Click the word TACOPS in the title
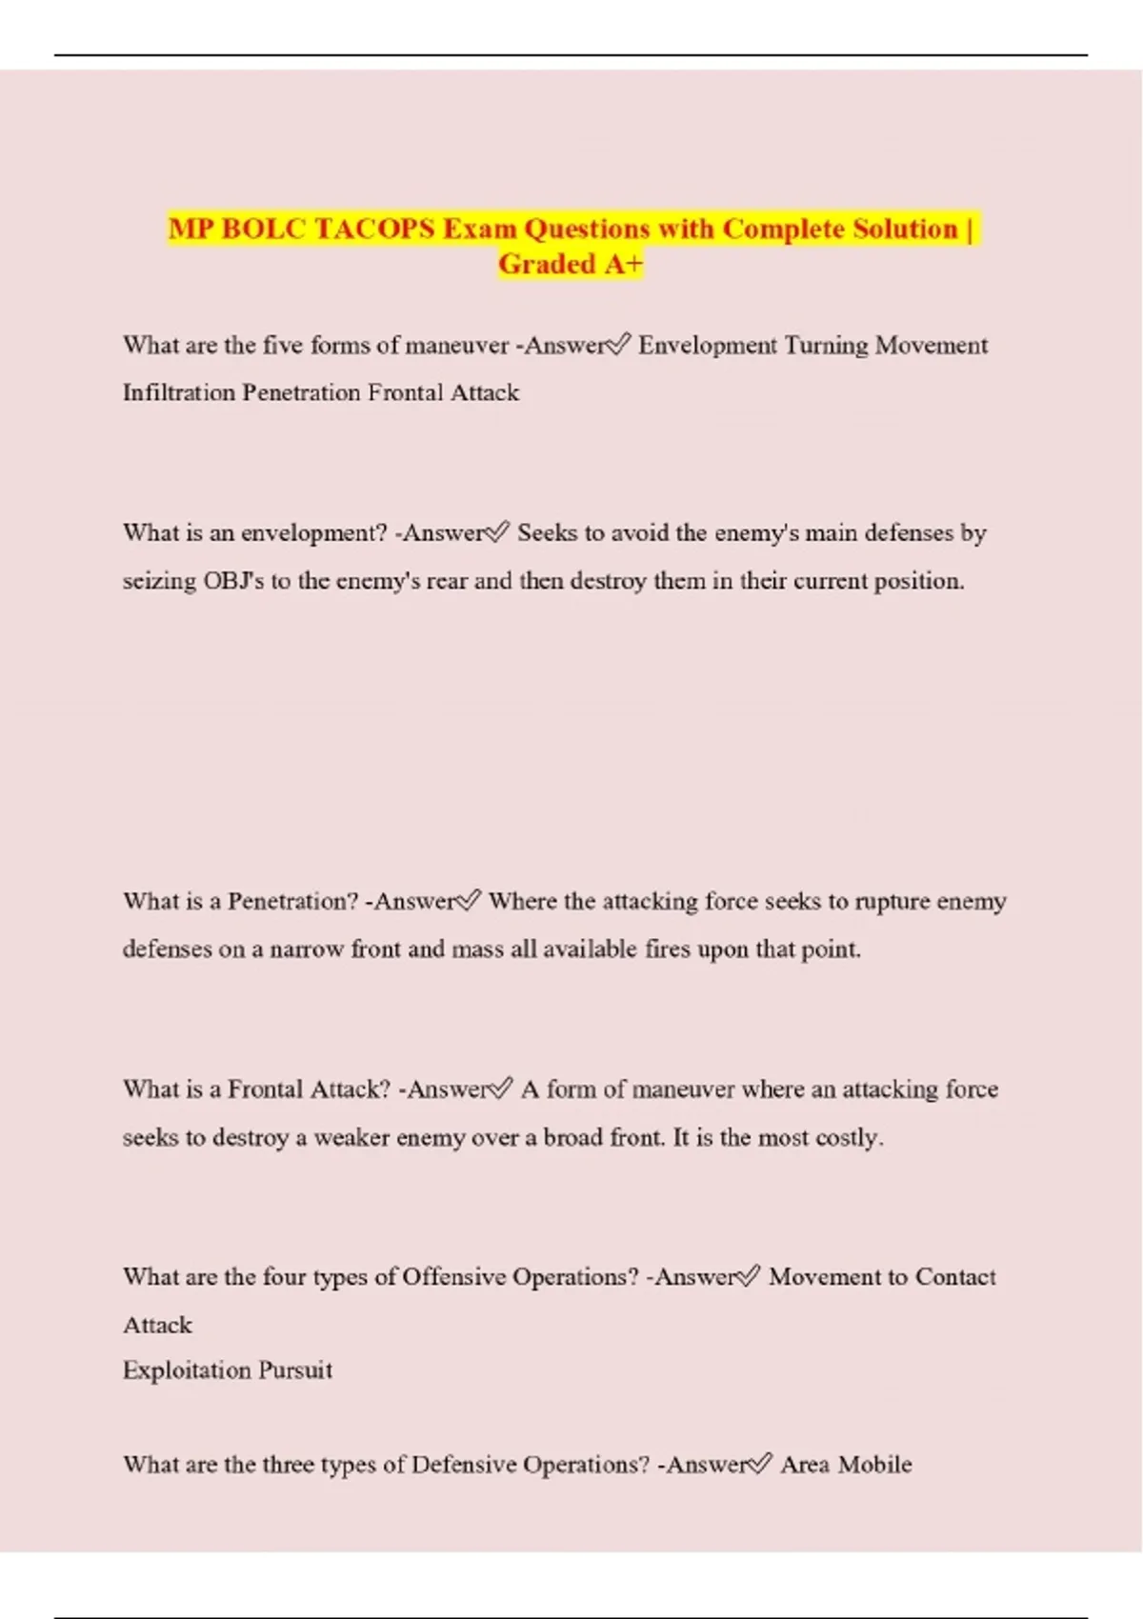pyautogui.click(x=373, y=230)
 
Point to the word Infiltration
pyautogui.click(x=178, y=392)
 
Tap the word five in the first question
pyautogui.click(x=283, y=345)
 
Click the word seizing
pyautogui.click(x=159, y=581)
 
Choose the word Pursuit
pyautogui.click(x=296, y=1370)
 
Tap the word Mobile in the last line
pyautogui.click(x=874, y=1465)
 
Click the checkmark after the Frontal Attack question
pyautogui.click(x=499, y=1089)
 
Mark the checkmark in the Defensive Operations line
pyautogui.click(x=759, y=1464)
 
